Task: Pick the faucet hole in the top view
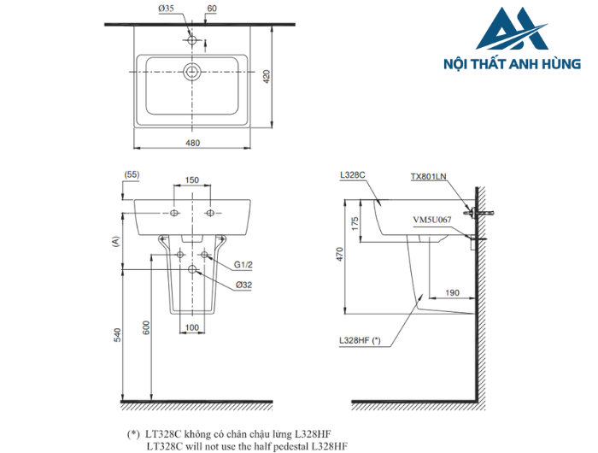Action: point(193,40)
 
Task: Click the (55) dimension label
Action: point(132,174)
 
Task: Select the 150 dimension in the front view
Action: point(192,180)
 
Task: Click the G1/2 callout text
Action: point(243,264)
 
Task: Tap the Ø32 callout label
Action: point(243,285)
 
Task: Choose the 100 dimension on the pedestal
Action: point(192,327)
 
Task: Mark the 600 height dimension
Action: point(147,327)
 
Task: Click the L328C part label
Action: point(352,174)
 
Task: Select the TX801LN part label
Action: point(428,177)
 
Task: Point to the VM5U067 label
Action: point(432,219)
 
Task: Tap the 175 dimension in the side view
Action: point(354,221)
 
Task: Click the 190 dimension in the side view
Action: point(452,292)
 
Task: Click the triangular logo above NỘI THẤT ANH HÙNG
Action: point(513,29)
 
